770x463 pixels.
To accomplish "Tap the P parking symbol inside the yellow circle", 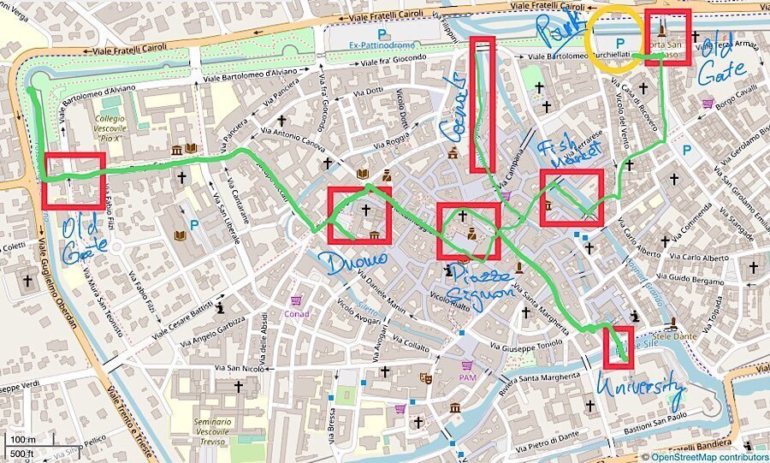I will click(x=621, y=42).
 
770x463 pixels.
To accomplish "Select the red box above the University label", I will click(x=618, y=347).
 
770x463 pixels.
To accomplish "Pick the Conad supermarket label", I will click(x=296, y=312).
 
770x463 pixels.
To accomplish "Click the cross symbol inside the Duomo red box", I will click(x=366, y=209).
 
